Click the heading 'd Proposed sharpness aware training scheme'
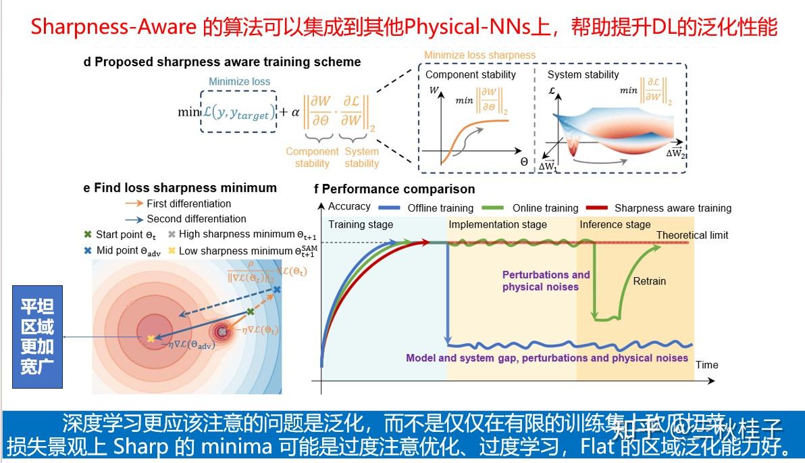click(222, 62)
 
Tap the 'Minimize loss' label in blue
click(239, 82)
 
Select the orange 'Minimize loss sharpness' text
click(479, 55)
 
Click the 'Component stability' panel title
click(471, 75)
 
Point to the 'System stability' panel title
click(583, 75)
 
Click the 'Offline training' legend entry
click(440, 208)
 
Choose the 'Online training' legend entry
click(545, 208)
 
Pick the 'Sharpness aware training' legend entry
click(673, 208)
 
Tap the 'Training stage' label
click(361, 224)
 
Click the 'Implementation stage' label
click(498, 224)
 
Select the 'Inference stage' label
click(615, 224)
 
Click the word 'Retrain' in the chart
click(650, 281)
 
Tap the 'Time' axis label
click(706, 365)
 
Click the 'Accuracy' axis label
click(349, 207)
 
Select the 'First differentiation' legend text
click(188, 203)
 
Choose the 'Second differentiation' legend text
click(196, 219)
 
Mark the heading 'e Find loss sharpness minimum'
click(180, 188)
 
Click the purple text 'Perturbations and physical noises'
click(546, 281)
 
